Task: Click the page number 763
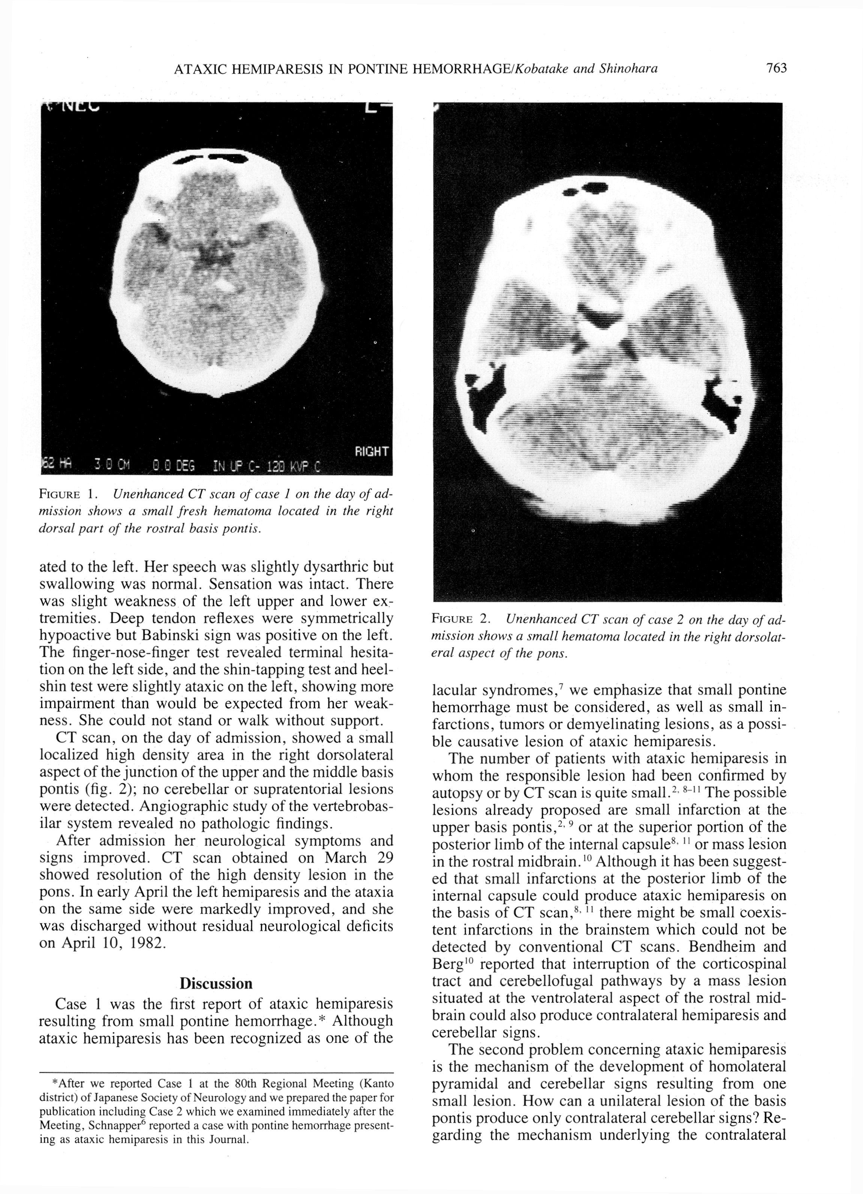tap(776, 68)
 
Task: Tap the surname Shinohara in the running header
tap(628, 68)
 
